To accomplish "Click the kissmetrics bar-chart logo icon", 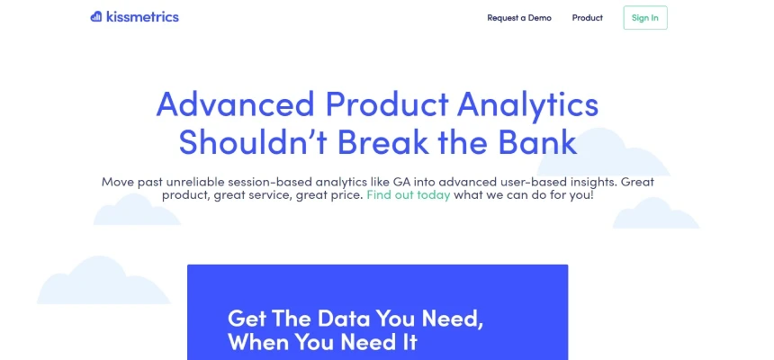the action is [95, 17].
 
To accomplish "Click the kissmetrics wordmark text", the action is [143, 17].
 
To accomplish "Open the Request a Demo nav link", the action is [519, 18].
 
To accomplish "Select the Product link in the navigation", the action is [588, 18].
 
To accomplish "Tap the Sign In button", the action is [645, 18].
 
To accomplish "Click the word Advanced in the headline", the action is [236, 104].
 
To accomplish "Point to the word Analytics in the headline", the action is [527, 105].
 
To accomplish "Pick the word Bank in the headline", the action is [537, 141].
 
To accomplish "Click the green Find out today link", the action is [409, 194].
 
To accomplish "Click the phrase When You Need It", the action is [323, 342].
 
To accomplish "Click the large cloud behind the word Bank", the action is [603, 152].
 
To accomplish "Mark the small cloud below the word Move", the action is [137, 210].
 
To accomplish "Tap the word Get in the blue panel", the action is [247, 318].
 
